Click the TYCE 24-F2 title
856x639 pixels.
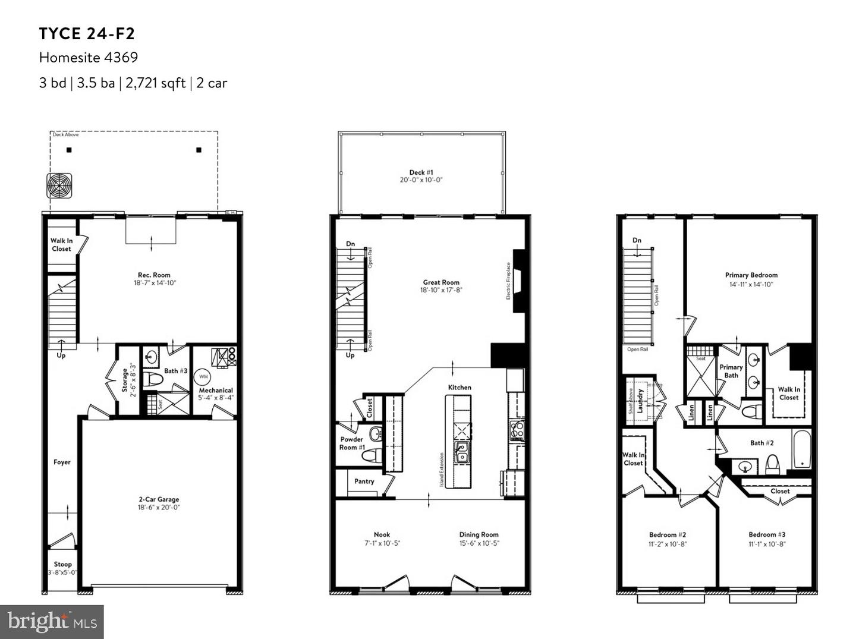point(87,34)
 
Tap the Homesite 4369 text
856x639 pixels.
point(89,58)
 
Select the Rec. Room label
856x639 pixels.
point(154,275)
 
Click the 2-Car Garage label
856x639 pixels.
point(159,500)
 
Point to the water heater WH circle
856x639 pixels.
point(203,376)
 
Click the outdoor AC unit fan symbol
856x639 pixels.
point(59,185)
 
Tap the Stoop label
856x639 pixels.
point(62,565)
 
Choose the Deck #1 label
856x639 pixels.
point(421,173)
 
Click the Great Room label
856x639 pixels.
point(441,283)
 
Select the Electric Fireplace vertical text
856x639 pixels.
point(509,281)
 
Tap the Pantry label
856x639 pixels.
point(364,481)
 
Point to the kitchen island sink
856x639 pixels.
point(462,452)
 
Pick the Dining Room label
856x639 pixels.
point(479,535)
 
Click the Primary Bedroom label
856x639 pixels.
point(751,275)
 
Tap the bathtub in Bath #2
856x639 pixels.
point(802,449)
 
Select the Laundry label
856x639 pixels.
point(640,401)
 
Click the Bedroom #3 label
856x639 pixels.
point(767,535)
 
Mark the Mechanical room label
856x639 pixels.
point(216,391)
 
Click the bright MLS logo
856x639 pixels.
point(52,622)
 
